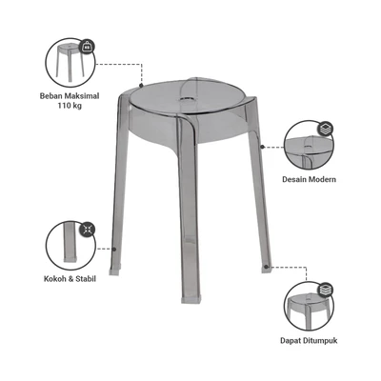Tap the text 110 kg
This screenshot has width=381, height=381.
pos(70,106)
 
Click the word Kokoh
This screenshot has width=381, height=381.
pos(54,279)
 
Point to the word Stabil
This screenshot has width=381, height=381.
pos(86,279)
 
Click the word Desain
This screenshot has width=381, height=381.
pos(294,179)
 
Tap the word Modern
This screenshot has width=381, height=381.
pos(322,179)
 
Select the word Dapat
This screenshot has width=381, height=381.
pos(290,341)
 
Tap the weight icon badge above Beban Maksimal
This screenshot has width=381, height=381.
pos(87,48)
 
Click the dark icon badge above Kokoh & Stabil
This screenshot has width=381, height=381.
pos(87,230)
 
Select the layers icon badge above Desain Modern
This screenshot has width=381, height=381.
pos(325,129)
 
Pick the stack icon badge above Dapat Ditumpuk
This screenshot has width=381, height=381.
pos(325,290)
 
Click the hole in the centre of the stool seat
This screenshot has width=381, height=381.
pos(188,99)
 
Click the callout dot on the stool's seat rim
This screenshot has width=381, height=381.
pos(141,86)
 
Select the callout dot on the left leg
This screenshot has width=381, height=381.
pos(114,250)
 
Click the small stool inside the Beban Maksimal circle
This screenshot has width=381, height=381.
pos(69,60)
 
